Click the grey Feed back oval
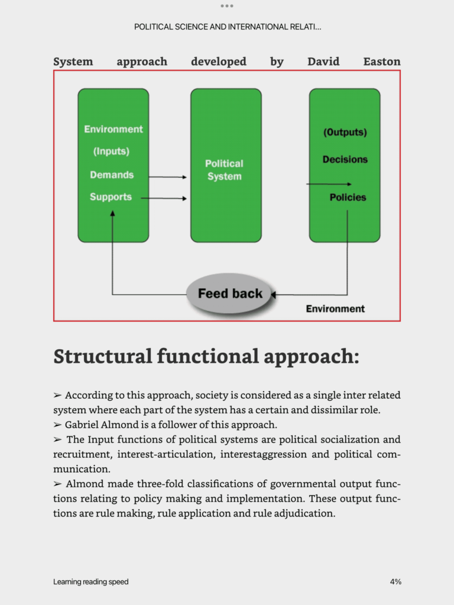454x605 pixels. [229, 294]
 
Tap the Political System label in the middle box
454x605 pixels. [224, 170]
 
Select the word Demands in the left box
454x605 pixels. [112, 175]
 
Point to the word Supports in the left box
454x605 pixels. [111, 197]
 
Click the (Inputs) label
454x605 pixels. [111, 152]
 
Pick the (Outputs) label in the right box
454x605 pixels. [345, 132]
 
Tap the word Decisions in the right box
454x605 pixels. [345, 160]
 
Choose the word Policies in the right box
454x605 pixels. [348, 197]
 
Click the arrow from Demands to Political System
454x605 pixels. [167, 177]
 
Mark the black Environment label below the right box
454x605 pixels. [335, 308]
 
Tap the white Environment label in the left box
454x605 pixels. [113, 129]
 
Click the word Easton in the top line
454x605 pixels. [382, 61]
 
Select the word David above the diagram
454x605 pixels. [323, 61]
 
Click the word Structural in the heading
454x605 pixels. [102, 356]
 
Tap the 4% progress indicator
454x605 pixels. [395, 582]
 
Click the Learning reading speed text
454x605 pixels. [90, 582]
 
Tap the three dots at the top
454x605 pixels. [227, 6]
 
